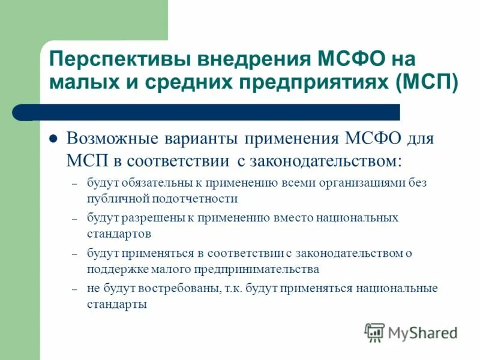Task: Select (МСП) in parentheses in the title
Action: (x=427, y=82)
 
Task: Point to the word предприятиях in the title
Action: (x=316, y=82)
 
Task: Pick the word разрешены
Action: (x=152, y=217)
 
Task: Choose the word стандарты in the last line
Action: (x=116, y=304)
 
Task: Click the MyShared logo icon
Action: (x=374, y=332)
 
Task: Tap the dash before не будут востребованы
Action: (x=74, y=289)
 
